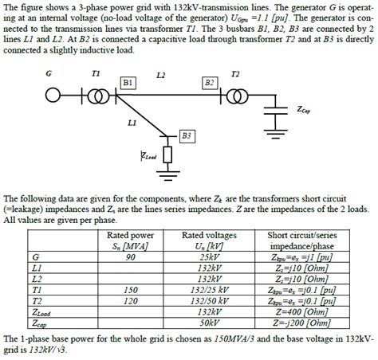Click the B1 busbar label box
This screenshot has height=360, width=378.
coord(128,83)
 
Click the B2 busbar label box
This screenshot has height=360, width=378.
coord(210,83)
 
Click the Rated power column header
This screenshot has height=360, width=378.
coord(131,241)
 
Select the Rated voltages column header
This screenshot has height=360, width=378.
coord(208,241)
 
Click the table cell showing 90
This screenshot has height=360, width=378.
coord(131,257)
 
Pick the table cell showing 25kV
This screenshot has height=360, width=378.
coord(208,257)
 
